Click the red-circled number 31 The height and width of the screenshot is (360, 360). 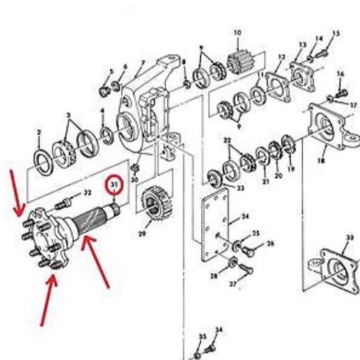[114, 186]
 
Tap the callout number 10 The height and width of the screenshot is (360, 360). [237, 33]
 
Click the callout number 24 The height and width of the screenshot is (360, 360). [245, 216]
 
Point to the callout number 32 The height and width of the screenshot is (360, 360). [87, 193]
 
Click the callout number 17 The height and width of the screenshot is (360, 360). [353, 104]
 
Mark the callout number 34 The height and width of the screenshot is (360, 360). [219, 330]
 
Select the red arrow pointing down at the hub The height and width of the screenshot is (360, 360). [15, 193]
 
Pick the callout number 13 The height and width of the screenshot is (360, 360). [282, 57]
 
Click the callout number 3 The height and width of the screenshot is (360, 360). [68, 115]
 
